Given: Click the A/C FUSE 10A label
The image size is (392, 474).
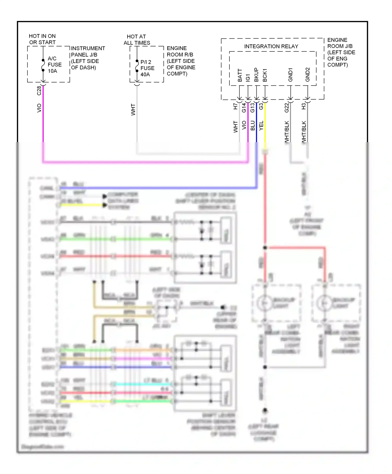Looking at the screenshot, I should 54,65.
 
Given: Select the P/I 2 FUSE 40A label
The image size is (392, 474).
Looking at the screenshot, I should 147,68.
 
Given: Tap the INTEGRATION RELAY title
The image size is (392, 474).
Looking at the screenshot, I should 271,46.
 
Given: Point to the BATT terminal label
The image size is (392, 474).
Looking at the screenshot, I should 240,75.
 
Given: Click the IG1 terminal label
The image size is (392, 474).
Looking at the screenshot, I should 248,77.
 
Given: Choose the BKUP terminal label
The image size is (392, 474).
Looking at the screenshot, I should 256,75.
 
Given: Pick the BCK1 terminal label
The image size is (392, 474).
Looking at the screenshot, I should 265,75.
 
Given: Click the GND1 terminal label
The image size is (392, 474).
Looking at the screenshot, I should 290,75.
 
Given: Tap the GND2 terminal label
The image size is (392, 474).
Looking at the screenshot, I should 307,75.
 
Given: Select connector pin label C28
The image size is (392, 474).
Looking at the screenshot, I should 39,90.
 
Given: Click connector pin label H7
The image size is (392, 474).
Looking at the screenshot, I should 235,106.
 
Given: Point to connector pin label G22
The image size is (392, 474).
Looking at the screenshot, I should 287,107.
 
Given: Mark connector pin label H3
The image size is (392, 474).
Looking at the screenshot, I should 303,106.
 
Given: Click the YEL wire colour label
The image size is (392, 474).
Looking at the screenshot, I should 261,126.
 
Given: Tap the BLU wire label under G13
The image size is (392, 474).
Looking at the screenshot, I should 252,125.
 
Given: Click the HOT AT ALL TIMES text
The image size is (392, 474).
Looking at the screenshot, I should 137,40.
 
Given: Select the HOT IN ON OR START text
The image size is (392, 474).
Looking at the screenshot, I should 42,39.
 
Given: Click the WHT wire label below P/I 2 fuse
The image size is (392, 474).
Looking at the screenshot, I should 133,110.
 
